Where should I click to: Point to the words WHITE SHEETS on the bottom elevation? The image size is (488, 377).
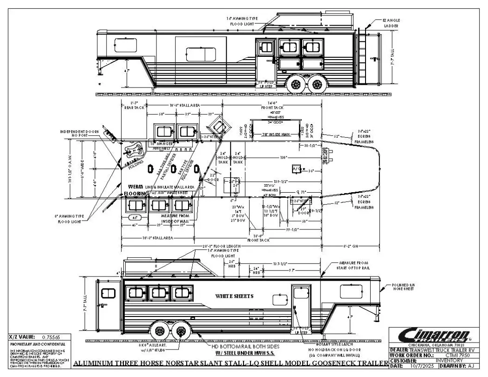(x=234, y=296)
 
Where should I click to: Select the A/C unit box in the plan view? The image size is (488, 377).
(x=297, y=168)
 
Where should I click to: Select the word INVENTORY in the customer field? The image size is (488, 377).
(x=449, y=360)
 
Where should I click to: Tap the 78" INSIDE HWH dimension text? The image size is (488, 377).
(x=275, y=135)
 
